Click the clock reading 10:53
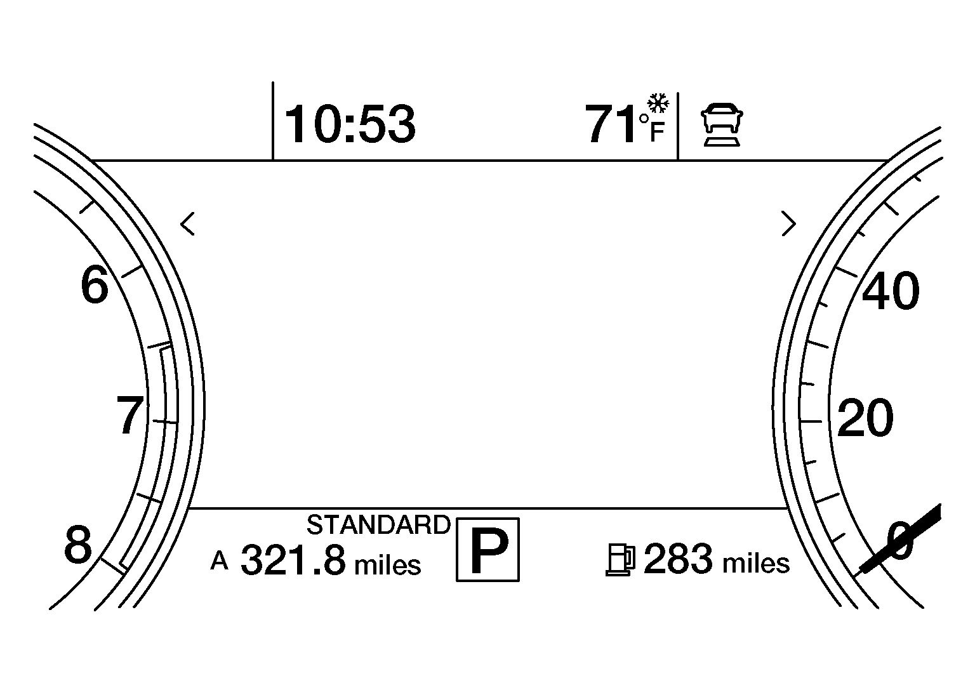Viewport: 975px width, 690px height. [x=350, y=124]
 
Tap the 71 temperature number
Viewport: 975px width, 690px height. [x=610, y=123]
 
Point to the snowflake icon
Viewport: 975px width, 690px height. [x=658, y=103]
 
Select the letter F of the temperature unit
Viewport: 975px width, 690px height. [x=657, y=132]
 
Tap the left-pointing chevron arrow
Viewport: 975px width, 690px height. [x=188, y=224]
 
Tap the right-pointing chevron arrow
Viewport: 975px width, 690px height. [x=789, y=223]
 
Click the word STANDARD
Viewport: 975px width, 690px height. [x=378, y=524]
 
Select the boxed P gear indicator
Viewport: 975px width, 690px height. [x=488, y=549]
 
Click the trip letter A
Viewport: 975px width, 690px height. [x=220, y=561]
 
